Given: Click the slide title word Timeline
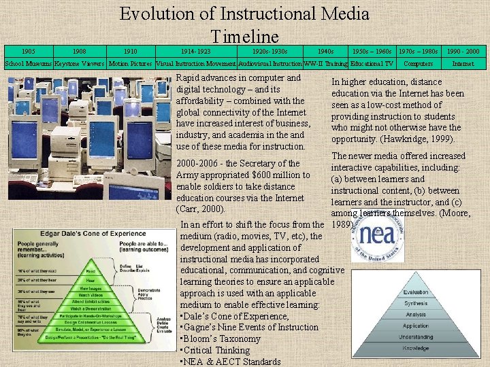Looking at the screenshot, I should pyautogui.click(x=244, y=36).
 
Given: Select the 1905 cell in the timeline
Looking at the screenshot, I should pyautogui.click(x=28, y=52).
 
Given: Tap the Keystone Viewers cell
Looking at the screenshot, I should pyautogui.click(x=80, y=64).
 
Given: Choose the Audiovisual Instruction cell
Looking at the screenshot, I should pyautogui.click(x=270, y=64).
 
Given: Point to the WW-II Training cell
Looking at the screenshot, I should pyautogui.click(x=326, y=64).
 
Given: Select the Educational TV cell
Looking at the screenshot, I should pyautogui.click(x=372, y=64).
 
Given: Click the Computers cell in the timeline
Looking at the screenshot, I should pyautogui.click(x=418, y=64).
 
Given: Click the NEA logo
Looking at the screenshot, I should pyautogui.click(x=376, y=234).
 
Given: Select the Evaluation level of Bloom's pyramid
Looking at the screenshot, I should pyautogui.click(x=415, y=292).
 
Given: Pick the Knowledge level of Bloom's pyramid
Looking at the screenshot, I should pyautogui.click(x=415, y=348).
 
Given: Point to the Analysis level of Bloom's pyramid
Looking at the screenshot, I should pyautogui.click(x=415, y=315).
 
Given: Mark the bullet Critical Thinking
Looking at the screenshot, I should pyautogui.click(x=214, y=350).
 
